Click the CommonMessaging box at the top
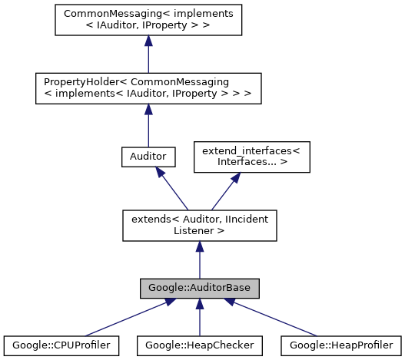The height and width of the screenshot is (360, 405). pos(148,19)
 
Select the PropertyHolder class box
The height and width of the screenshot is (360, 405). pos(148,88)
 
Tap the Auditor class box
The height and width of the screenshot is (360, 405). pos(148,157)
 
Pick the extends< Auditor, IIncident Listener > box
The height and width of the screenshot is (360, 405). pos(199,224)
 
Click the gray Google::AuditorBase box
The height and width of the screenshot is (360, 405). pos(199,288)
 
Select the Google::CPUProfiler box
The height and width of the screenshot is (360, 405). pos(61,345)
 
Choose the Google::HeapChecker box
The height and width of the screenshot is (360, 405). pos(199,345)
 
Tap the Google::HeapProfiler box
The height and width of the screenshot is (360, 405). pos(340,345)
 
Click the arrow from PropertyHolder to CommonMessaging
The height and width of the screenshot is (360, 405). pos(148,54)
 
